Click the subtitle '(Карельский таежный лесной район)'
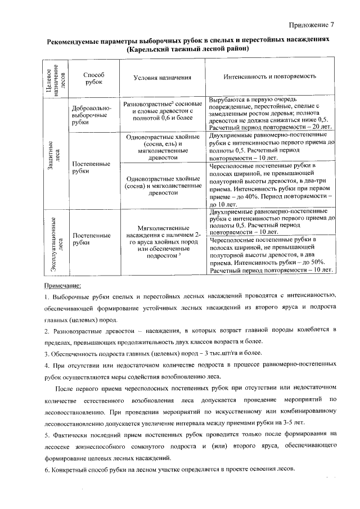[x=188, y=49]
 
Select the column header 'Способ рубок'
[x=93, y=79]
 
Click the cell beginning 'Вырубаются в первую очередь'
[x=269, y=113]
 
